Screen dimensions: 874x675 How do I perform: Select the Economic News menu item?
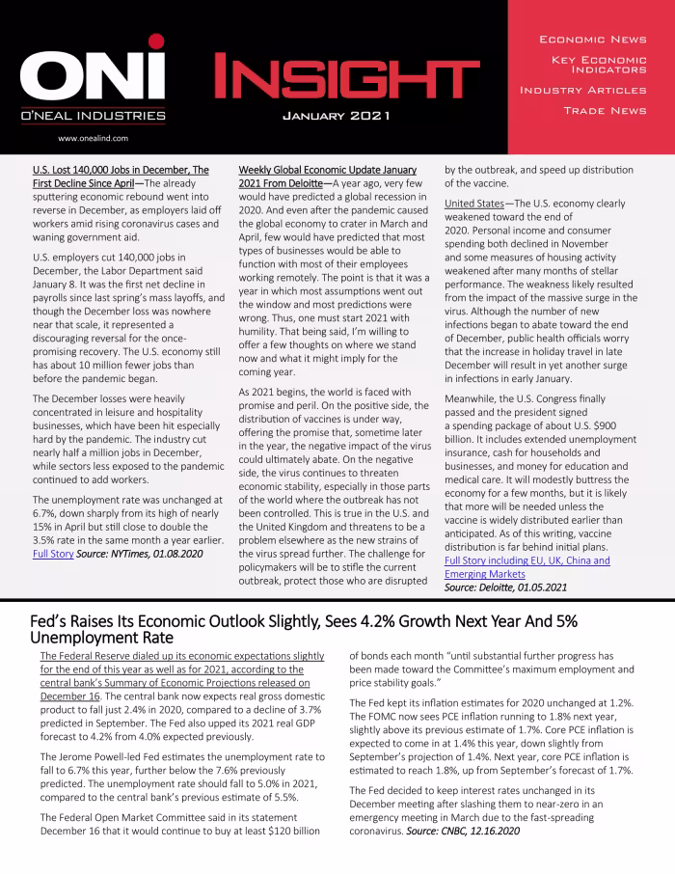(592, 40)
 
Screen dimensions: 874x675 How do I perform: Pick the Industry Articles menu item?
(582, 90)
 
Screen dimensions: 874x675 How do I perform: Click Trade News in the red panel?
(605, 111)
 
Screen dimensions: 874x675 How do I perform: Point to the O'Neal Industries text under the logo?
(93, 116)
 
